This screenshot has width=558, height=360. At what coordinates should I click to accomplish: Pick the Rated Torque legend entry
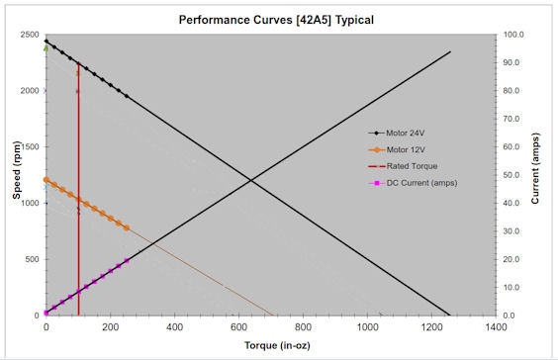click(411, 166)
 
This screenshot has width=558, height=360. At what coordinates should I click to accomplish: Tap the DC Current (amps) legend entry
click(420, 183)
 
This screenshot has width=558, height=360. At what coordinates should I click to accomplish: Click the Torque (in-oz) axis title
click(269, 346)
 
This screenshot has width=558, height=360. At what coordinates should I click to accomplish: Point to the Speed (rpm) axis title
click(17, 175)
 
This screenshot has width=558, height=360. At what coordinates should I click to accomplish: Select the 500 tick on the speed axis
click(29, 260)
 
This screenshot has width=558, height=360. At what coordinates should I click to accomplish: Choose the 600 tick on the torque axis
click(238, 327)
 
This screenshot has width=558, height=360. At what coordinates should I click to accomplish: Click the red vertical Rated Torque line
click(78, 198)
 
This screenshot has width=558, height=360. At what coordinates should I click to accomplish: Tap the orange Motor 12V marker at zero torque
click(46, 180)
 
